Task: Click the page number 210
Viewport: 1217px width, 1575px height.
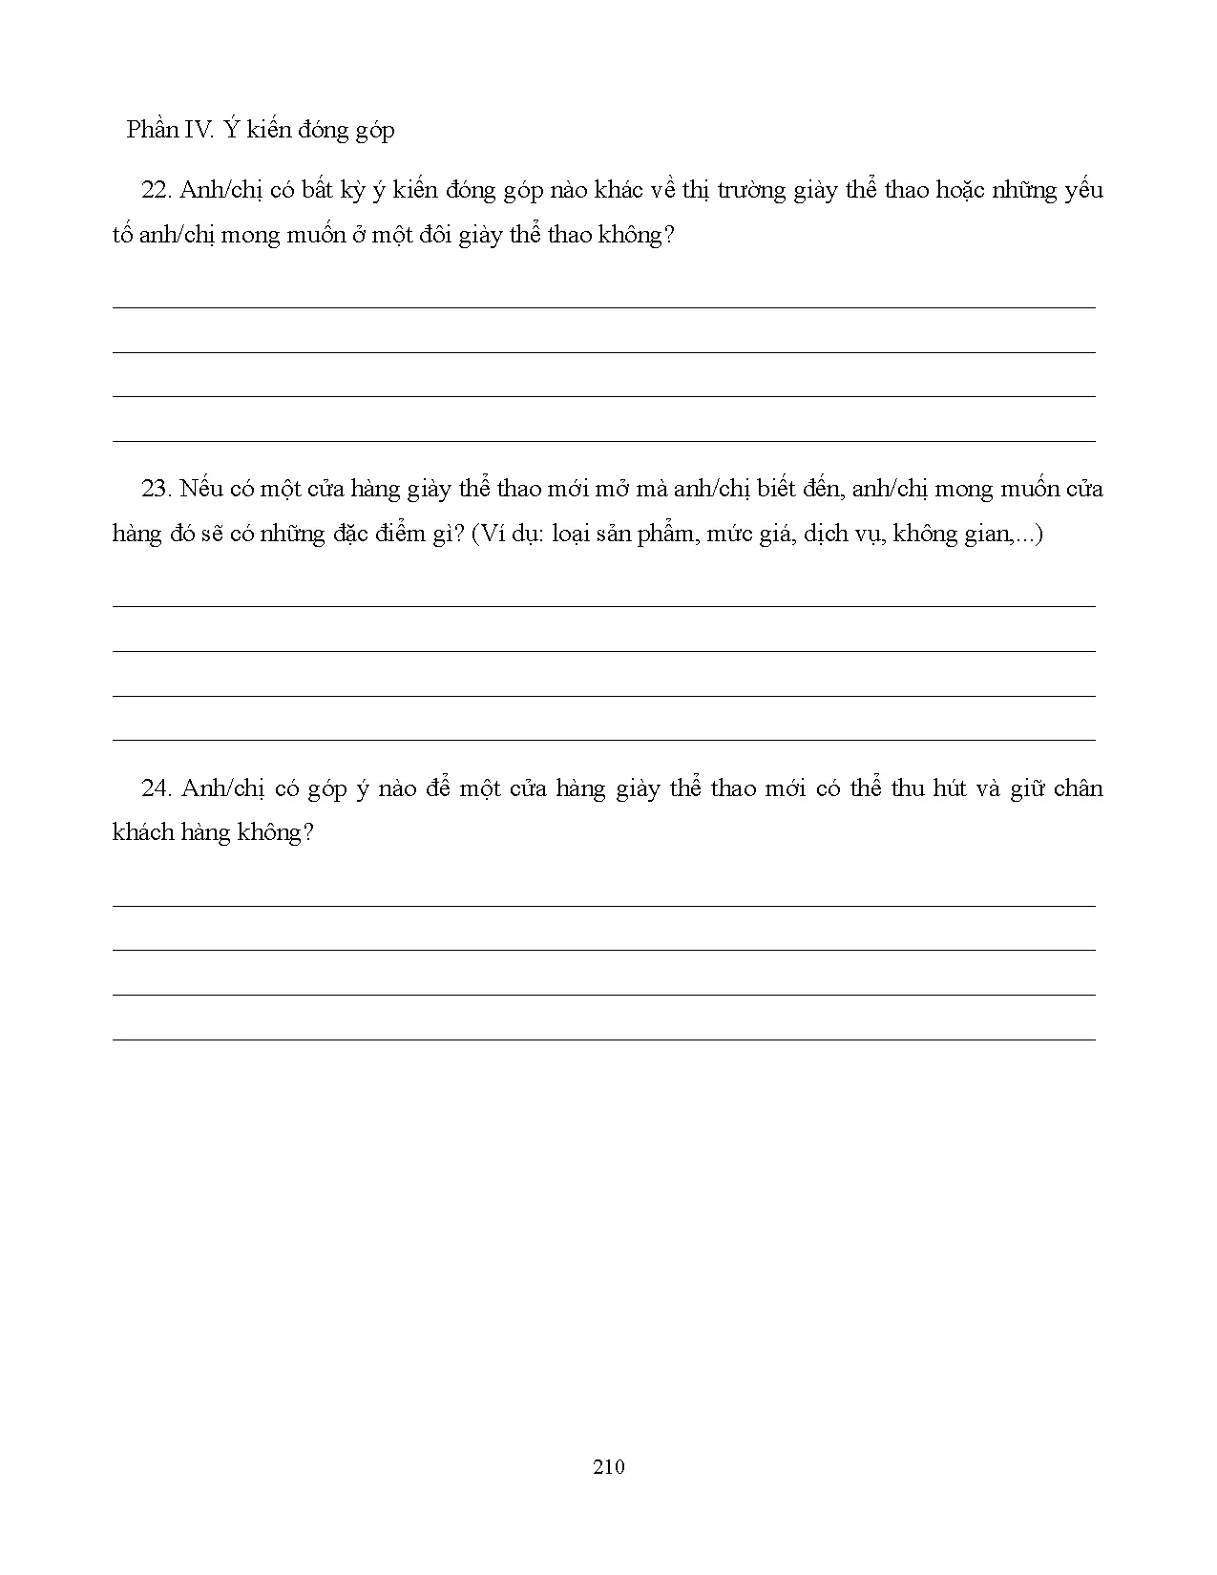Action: coord(608,1466)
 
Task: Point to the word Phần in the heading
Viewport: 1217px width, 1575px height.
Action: coord(152,130)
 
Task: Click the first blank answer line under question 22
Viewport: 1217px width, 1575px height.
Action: coord(603,307)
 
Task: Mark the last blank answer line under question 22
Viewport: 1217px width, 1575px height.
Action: coord(603,441)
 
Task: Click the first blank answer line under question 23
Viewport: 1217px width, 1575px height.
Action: coord(603,606)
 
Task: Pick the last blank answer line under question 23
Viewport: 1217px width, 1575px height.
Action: coord(603,740)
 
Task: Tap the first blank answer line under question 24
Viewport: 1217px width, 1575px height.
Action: coord(603,906)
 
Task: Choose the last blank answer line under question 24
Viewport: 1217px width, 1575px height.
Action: coord(603,1039)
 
